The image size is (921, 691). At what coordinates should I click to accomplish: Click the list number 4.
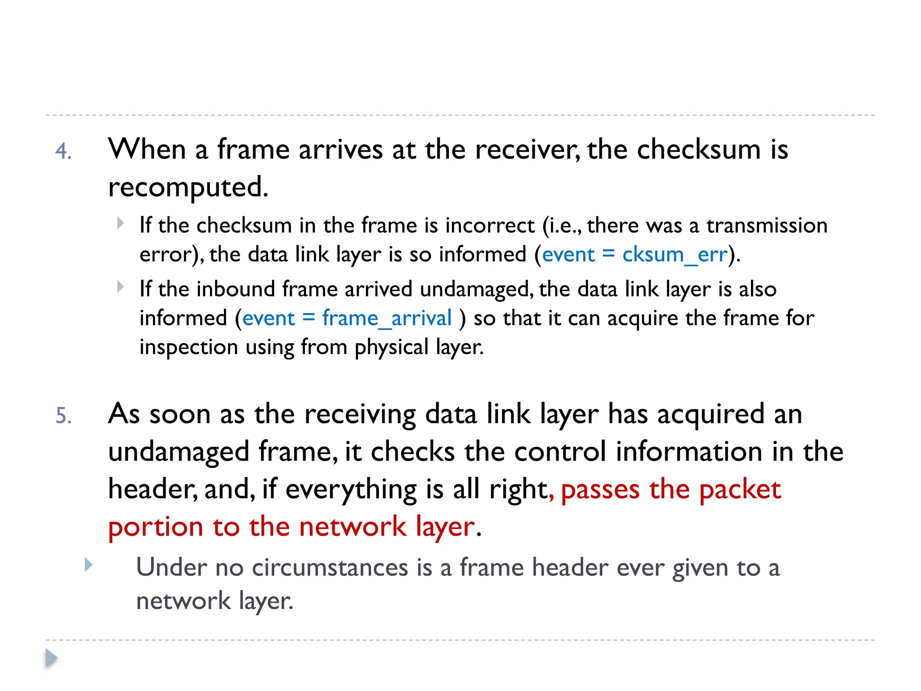click(63, 151)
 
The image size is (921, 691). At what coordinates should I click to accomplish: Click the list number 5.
click(63, 415)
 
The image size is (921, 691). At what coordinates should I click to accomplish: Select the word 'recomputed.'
click(188, 187)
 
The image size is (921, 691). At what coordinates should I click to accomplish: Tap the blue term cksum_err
click(675, 255)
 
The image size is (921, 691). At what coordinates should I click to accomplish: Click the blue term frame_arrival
click(387, 319)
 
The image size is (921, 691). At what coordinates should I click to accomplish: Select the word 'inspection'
click(188, 347)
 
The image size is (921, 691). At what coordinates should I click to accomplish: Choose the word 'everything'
click(351, 489)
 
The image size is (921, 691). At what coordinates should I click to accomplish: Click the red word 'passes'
click(600, 489)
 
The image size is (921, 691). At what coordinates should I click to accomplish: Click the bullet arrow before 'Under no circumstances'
click(89, 565)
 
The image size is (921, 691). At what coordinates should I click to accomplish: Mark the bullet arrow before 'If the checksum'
click(120, 223)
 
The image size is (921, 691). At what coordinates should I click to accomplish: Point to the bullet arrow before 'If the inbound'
click(120, 287)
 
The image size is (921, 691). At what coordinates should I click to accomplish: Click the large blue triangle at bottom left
click(51, 658)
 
